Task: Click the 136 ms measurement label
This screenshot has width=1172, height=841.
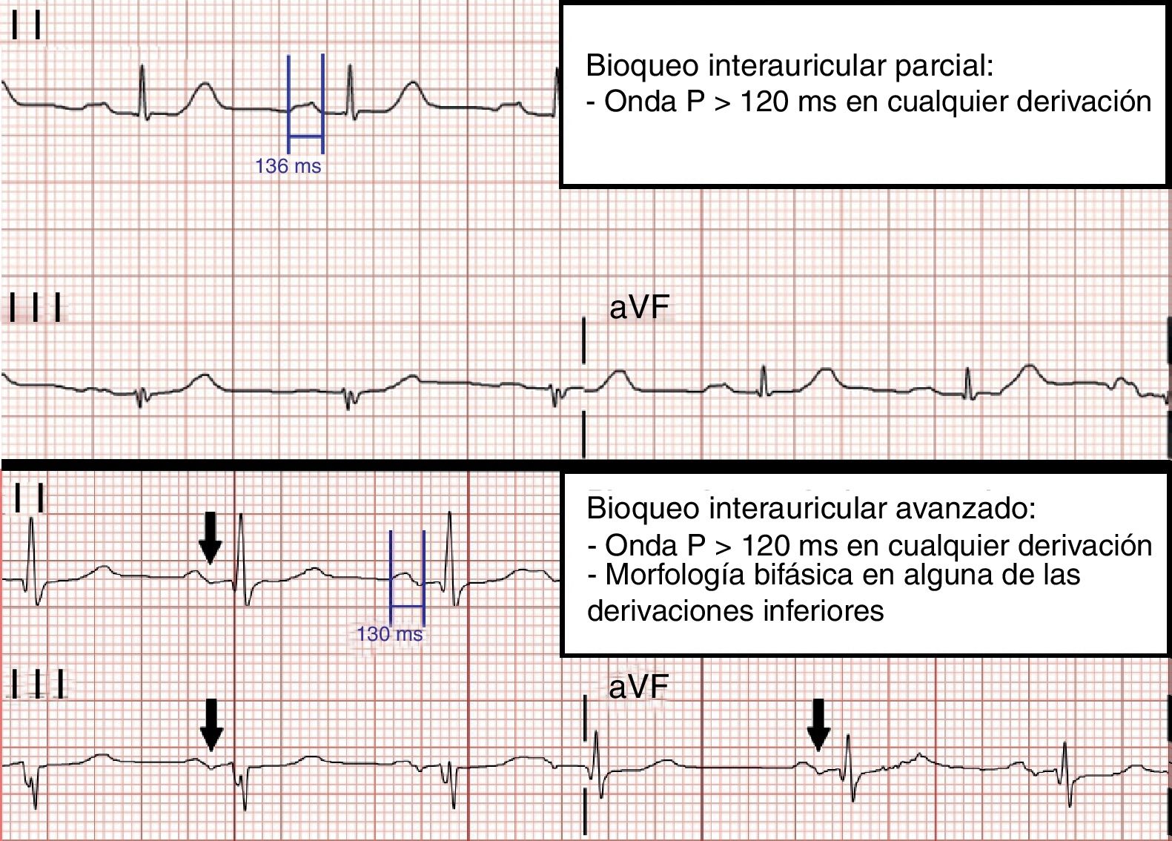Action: [x=288, y=166]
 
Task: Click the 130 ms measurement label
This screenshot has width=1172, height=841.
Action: [x=389, y=634]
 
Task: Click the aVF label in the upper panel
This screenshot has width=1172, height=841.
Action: [x=638, y=308]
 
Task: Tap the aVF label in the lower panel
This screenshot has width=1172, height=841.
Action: [x=638, y=687]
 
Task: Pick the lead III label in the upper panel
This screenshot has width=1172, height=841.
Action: [x=35, y=308]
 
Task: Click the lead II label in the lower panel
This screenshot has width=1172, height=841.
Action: [x=30, y=498]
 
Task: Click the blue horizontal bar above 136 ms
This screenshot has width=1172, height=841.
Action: [x=305, y=136]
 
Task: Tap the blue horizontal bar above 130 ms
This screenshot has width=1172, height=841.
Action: [x=407, y=606]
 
